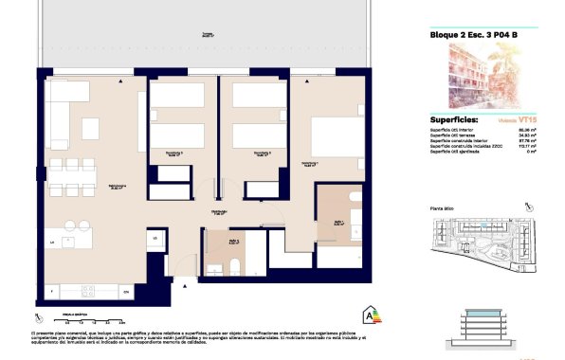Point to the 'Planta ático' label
click(x=432, y=207)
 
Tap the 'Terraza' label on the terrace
click(x=206, y=34)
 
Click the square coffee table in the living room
click(x=91, y=128)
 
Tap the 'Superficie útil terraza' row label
click(x=455, y=136)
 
